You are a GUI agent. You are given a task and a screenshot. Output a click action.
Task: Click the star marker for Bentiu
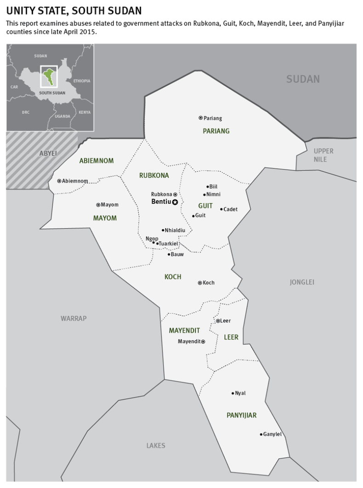pos(175,202)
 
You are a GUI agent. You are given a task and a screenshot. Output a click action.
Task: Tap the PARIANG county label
pos(216,131)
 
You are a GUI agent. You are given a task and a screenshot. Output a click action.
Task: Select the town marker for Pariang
pos(200,118)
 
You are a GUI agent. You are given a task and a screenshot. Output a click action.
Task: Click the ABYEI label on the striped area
pos(48,153)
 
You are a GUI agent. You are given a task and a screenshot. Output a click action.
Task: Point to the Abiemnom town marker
pos(59,181)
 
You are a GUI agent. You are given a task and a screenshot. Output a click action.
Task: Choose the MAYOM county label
pos(105,218)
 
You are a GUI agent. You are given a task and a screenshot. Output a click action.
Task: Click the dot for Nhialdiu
pos(163,230)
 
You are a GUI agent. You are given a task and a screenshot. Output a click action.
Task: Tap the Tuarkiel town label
pos(168,243)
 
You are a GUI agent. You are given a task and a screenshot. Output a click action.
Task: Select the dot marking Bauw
pos(169,254)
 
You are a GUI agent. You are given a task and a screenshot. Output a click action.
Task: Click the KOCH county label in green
pos(173,277)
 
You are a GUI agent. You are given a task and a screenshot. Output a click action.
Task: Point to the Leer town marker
pos(218,321)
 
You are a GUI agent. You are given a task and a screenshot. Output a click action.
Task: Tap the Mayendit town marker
pos(203,342)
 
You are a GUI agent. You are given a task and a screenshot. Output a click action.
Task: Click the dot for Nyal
pos(233,393)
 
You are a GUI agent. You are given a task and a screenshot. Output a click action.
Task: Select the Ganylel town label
pos(272,434)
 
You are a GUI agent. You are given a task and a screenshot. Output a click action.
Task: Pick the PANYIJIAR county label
pos(241,415)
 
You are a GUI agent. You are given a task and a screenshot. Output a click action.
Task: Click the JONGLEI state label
pos(302,282)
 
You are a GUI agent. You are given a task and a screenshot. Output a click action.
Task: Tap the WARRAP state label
pos(74,318)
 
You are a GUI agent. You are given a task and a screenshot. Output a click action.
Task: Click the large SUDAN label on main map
pos(303,79)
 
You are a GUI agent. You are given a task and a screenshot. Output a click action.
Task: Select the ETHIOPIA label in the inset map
pos(82,81)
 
